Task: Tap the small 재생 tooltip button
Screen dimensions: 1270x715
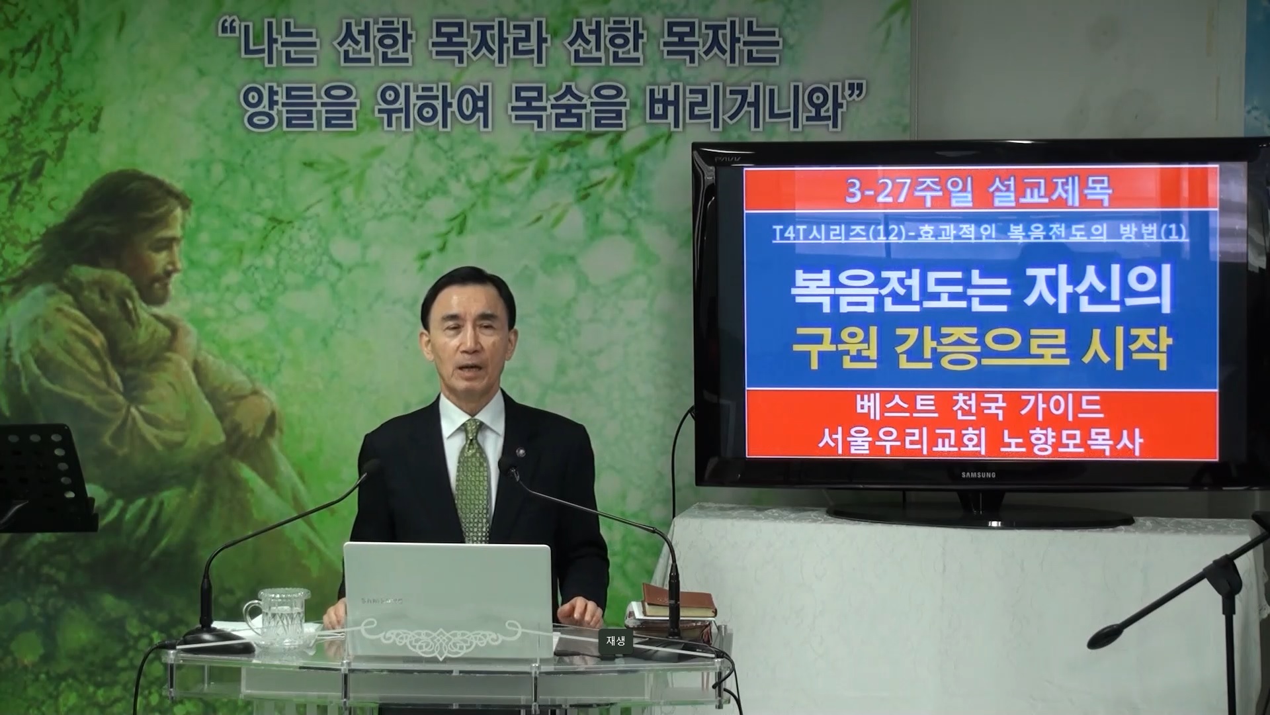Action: coord(615,640)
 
